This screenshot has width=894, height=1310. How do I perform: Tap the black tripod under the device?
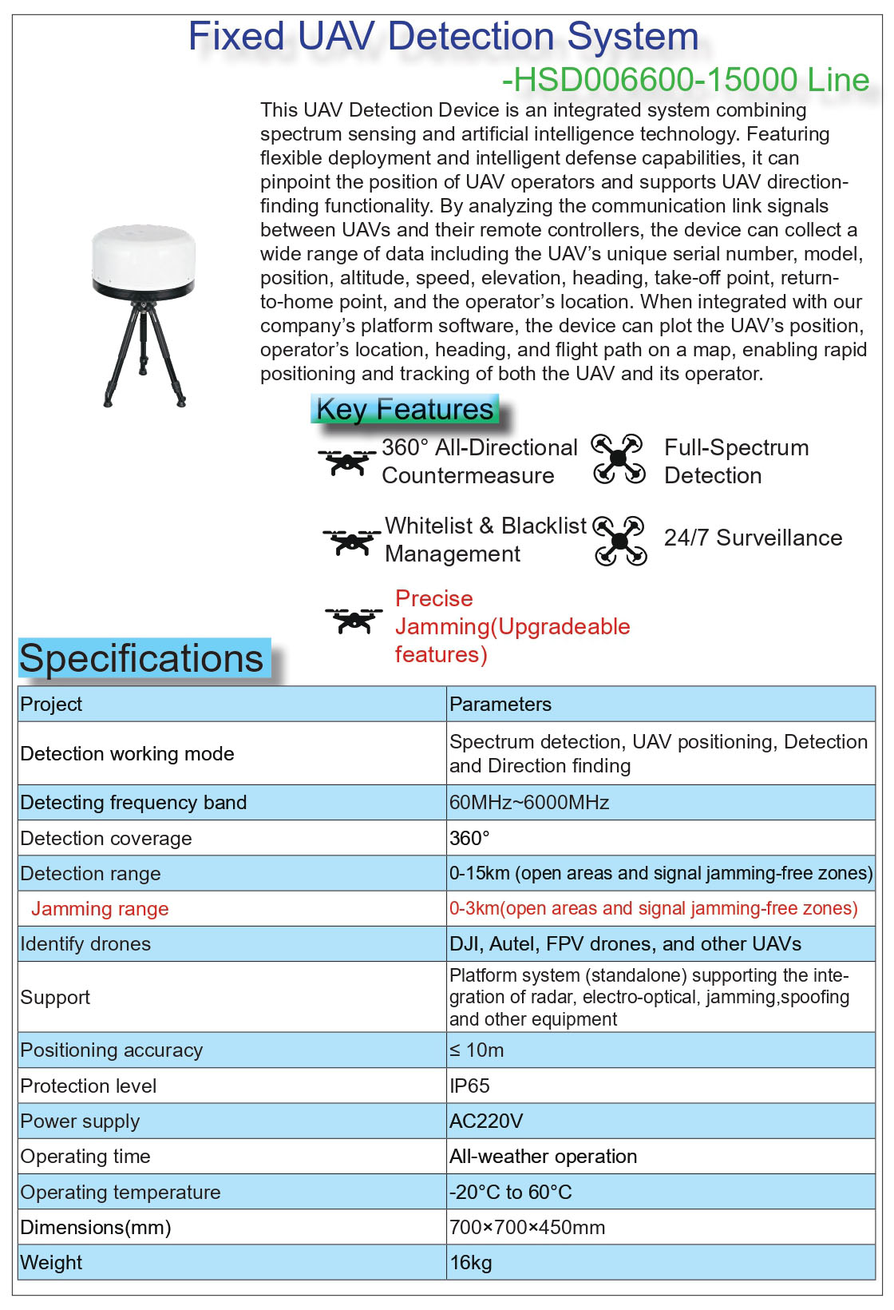click(x=144, y=343)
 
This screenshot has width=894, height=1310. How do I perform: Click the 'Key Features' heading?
click(x=405, y=409)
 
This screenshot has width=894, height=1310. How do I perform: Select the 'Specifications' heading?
click(x=141, y=659)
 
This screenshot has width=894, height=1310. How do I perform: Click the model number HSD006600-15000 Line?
click(x=686, y=80)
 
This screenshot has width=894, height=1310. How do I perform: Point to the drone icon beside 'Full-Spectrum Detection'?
click(x=619, y=459)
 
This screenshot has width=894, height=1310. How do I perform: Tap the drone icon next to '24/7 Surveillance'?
click(x=620, y=541)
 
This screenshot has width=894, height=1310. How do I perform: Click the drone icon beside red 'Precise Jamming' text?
click(x=354, y=620)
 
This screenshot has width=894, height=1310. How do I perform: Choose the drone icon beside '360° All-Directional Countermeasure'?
click(x=347, y=462)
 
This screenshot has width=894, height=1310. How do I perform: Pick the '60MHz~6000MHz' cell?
click(x=529, y=802)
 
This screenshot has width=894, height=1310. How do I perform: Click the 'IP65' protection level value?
click(x=469, y=1086)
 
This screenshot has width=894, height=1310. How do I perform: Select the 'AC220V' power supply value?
click(x=486, y=1121)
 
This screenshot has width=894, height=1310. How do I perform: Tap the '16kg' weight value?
click(x=471, y=1262)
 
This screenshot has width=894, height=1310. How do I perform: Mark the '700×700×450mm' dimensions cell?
click(x=527, y=1227)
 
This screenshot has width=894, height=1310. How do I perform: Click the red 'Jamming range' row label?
click(x=100, y=908)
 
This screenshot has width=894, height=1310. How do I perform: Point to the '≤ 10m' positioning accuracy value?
click(x=477, y=1050)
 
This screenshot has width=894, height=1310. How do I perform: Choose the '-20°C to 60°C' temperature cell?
click(x=511, y=1192)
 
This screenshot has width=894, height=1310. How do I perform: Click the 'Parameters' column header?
click(x=500, y=704)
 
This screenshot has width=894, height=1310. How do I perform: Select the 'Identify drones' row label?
click(x=85, y=943)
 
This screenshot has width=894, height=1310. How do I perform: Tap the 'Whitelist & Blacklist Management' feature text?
click(x=485, y=540)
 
